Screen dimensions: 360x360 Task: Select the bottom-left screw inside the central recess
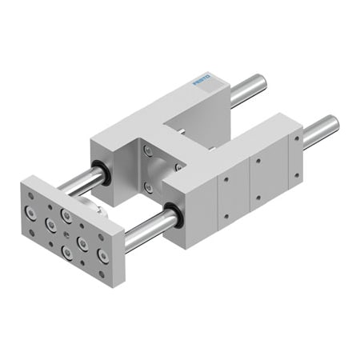point(147,186)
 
